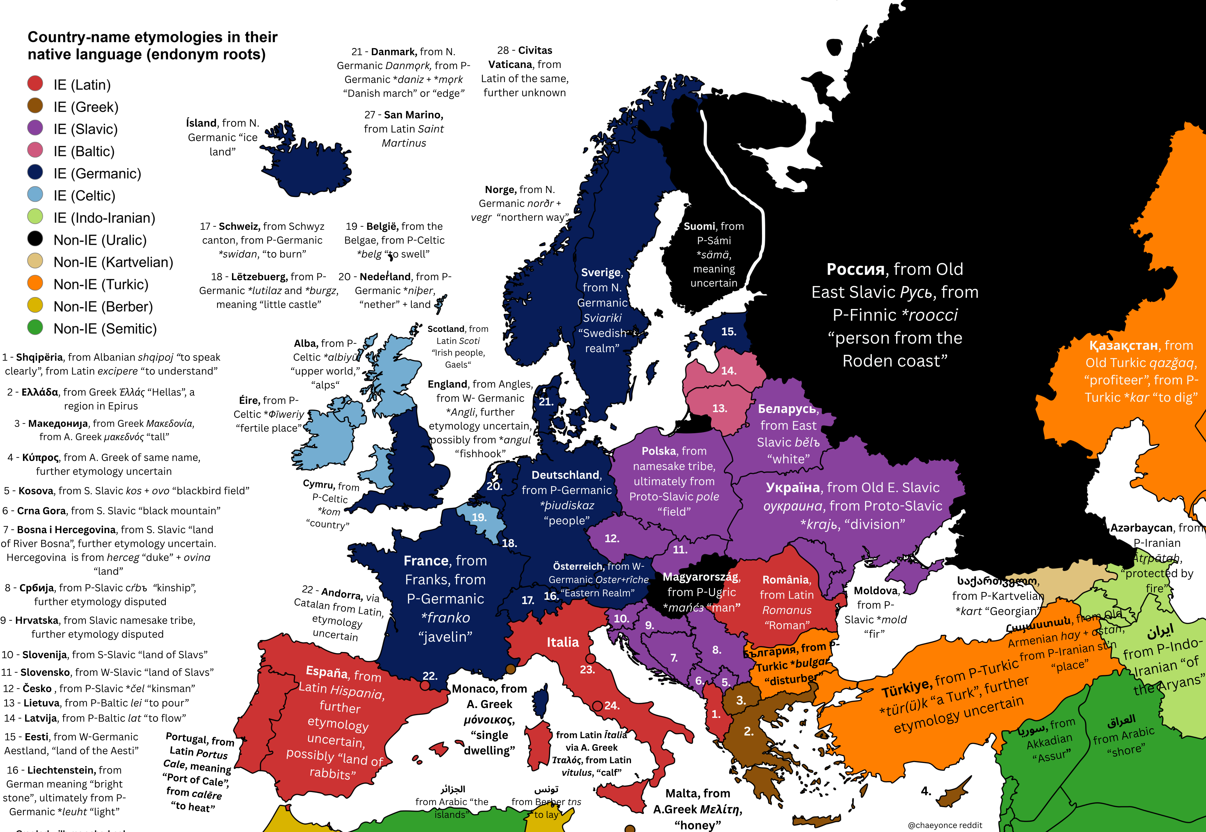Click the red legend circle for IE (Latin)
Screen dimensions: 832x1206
(35, 83)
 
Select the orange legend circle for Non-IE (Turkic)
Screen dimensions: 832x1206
(35, 283)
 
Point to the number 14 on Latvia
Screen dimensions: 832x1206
(728, 371)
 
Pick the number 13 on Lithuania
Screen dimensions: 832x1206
(720, 408)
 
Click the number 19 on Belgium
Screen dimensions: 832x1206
(479, 517)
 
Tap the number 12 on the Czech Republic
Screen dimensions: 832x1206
(612, 538)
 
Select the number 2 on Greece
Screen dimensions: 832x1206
(748, 731)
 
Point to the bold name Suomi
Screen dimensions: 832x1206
(699, 226)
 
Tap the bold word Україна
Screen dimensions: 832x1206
(793, 487)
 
